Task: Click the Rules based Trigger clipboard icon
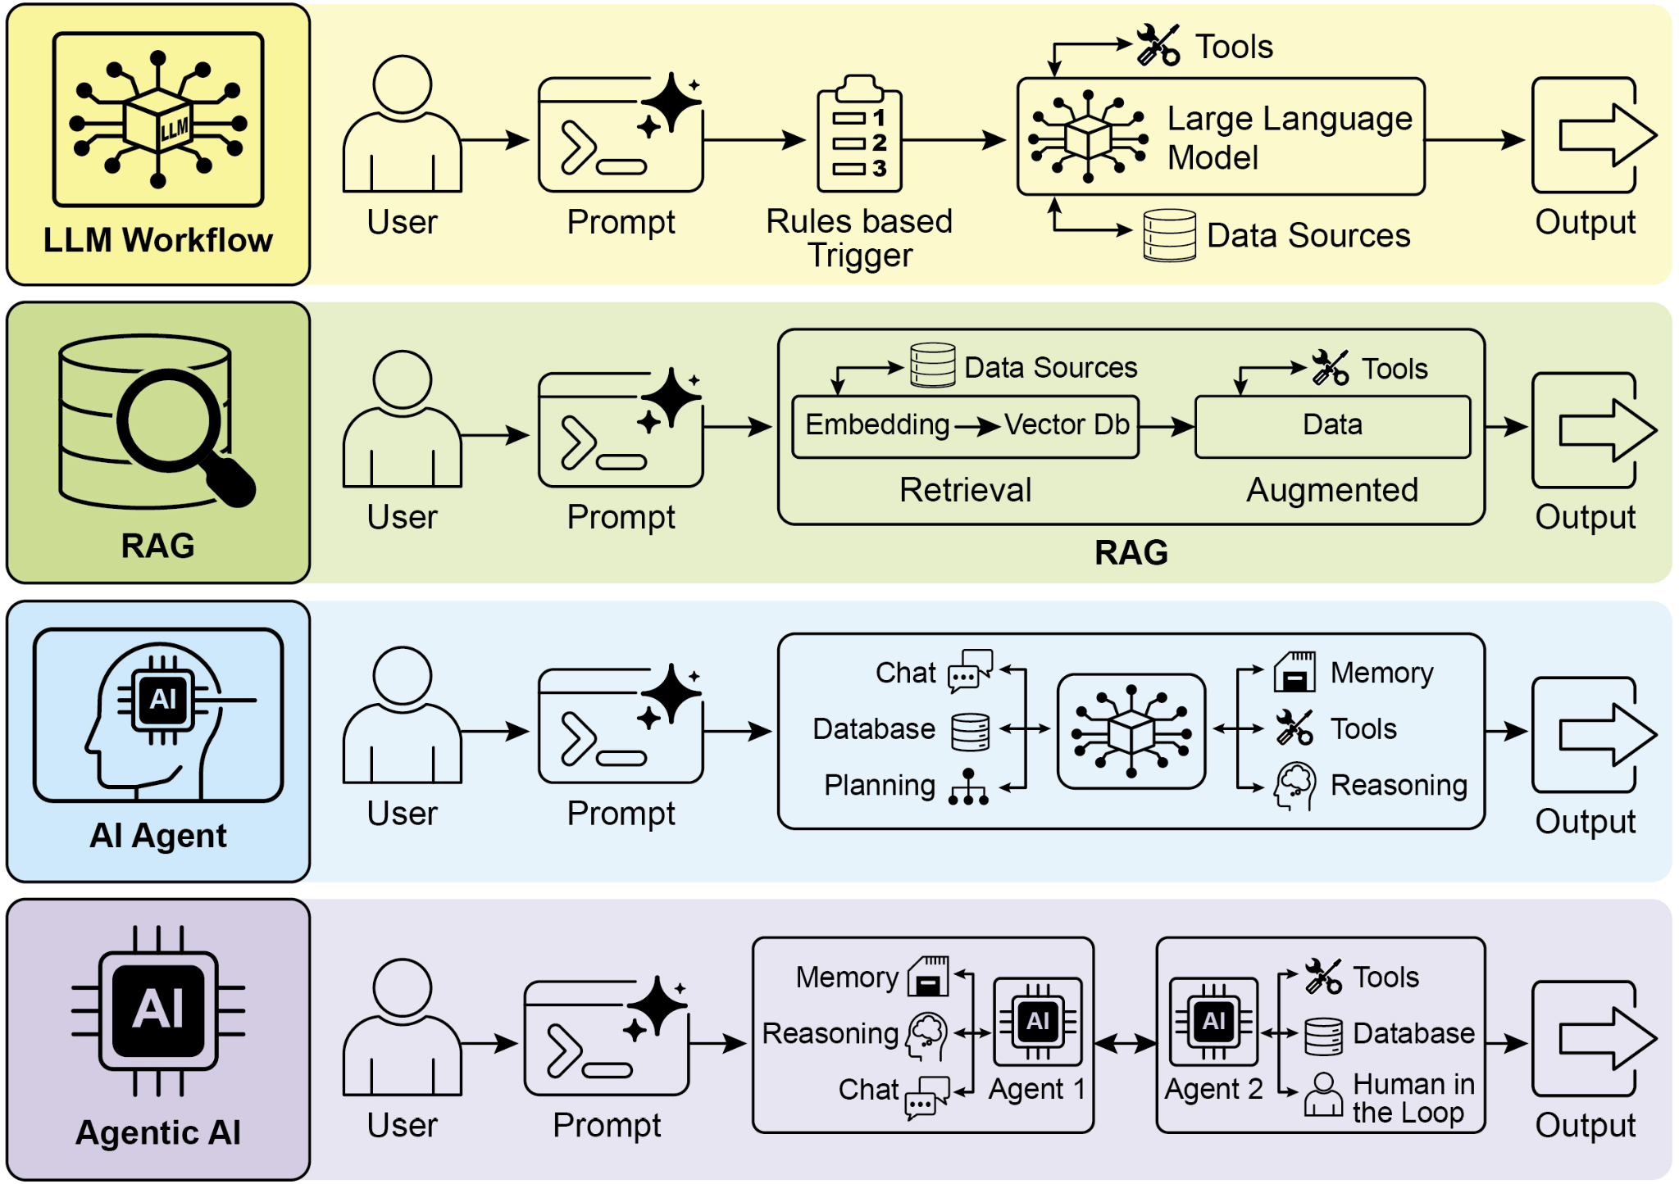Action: (x=858, y=135)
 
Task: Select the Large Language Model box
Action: (x=1220, y=137)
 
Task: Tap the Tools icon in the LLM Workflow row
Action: (x=1158, y=45)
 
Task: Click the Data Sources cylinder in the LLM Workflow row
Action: (x=1169, y=235)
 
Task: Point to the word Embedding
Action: (x=876, y=424)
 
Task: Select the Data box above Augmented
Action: (x=1332, y=426)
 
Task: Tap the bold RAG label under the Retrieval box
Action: (x=1131, y=552)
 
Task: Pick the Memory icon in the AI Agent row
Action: (x=1295, y=672)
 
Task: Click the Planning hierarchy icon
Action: (x=968, y=787)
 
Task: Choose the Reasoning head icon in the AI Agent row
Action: (x=1295, y=786)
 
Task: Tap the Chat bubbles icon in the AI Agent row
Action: (x=969, y=671)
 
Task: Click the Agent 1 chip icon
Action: (x=1037, y=1021)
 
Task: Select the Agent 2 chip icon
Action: (x=1213, y=1021)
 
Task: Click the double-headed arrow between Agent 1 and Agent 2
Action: (x=1125, y=1043)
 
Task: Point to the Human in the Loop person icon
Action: (x=1322, y=1095)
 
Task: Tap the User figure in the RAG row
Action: (x=402, y=420)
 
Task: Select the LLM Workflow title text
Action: (x=158, y=240)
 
